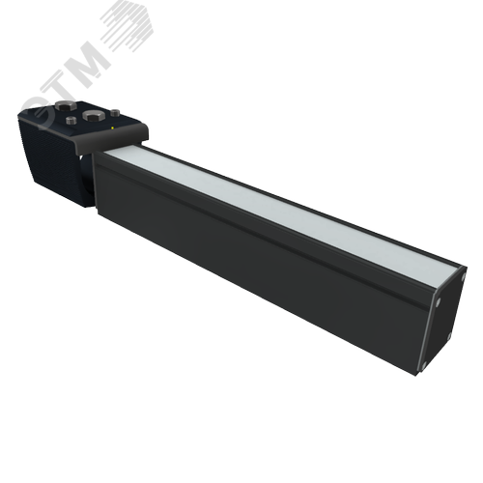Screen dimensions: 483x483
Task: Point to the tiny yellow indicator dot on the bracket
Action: pyautogui.click(x=114, y=127)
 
